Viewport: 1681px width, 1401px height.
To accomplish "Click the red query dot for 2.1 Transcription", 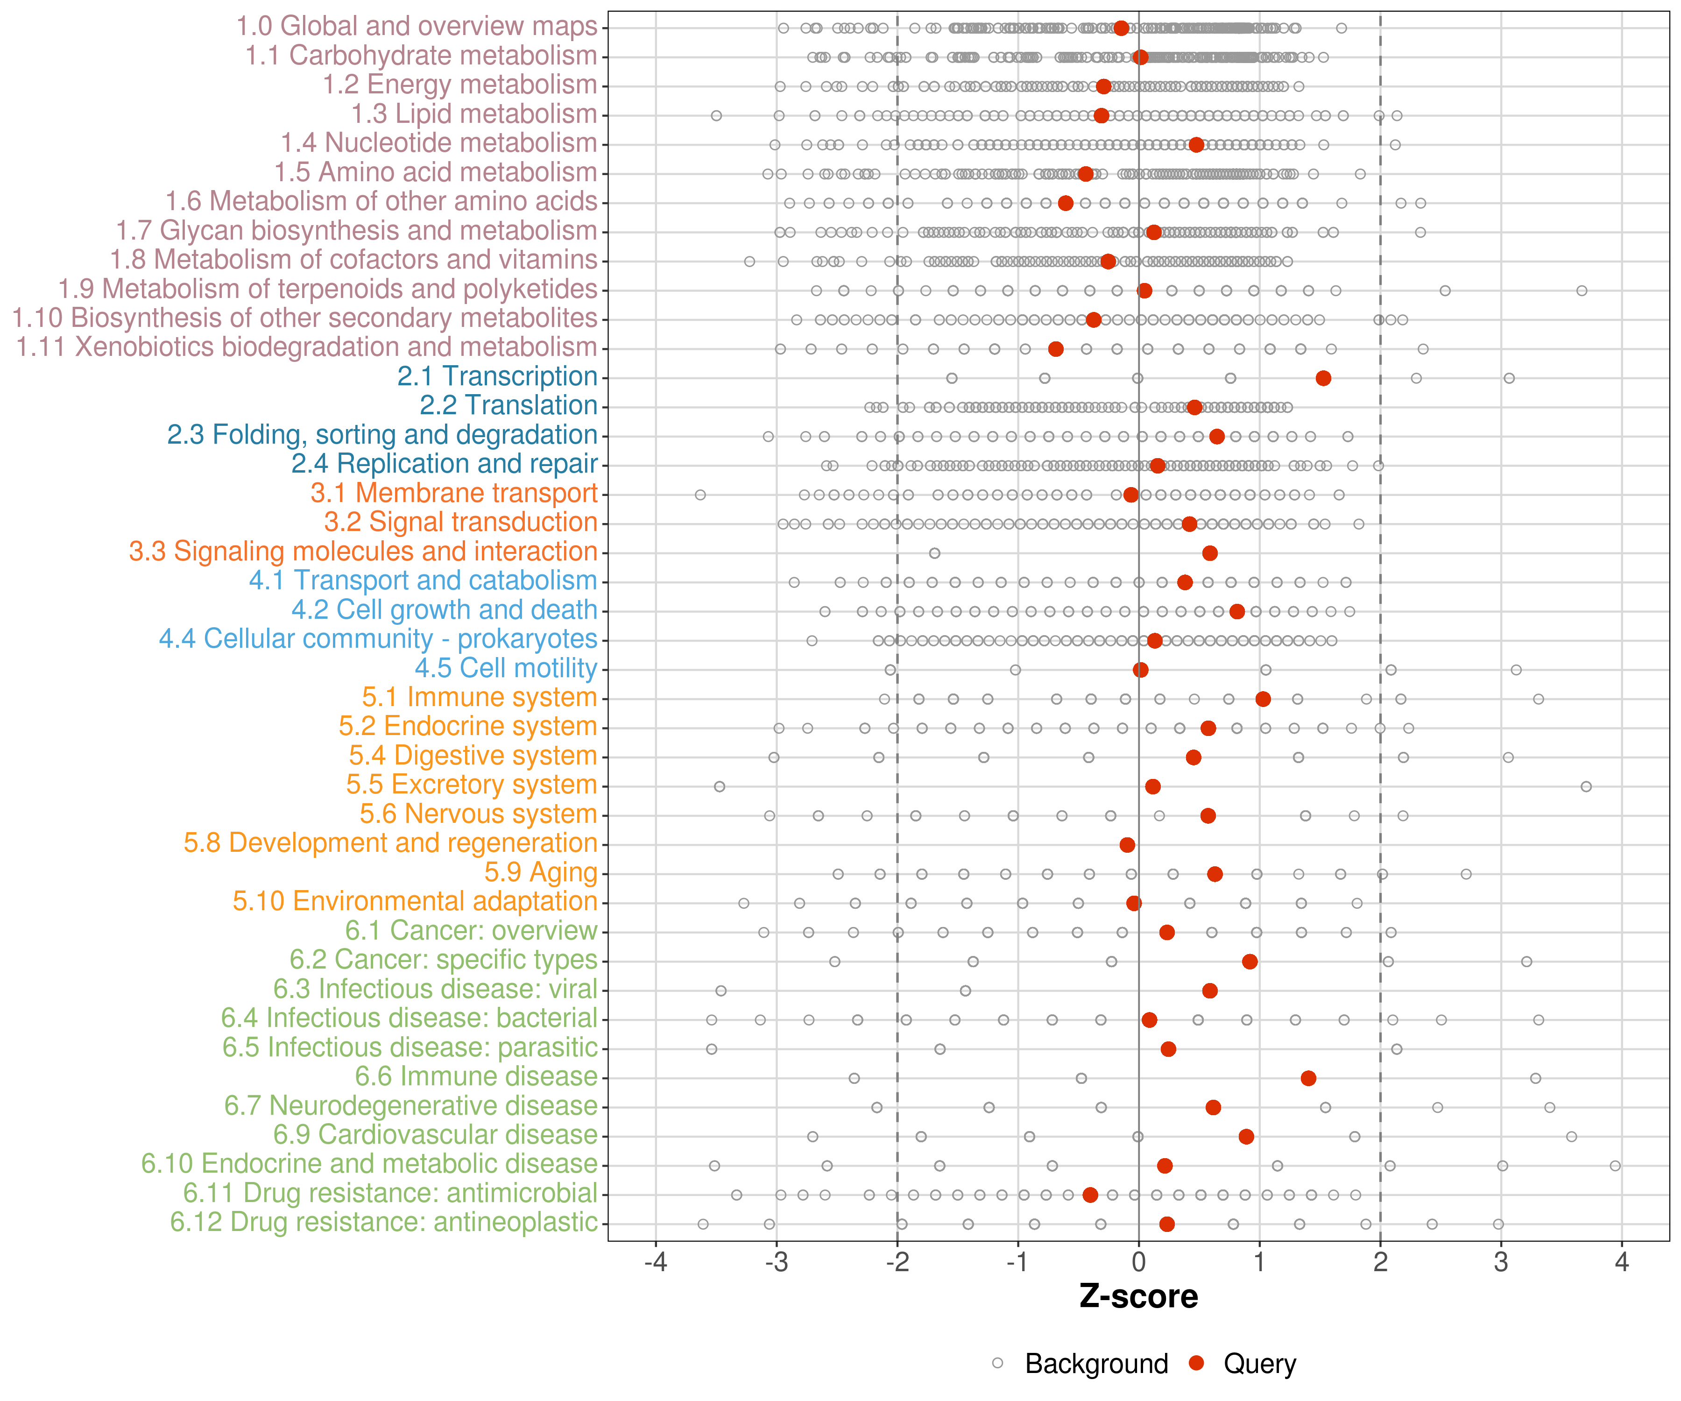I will click(1323, 378).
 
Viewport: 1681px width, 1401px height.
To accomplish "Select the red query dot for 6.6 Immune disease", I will click(1308, 1078).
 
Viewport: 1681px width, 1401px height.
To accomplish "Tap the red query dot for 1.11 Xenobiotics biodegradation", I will click(1056, 349).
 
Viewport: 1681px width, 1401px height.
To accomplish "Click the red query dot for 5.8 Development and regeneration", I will click(1127, 845).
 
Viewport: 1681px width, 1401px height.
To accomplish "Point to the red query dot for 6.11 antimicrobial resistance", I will click(1090, 1195).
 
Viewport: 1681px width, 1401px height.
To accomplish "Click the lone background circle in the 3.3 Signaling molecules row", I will click(934, 553).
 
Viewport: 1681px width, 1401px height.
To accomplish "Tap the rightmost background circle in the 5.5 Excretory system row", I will click(1586, 787).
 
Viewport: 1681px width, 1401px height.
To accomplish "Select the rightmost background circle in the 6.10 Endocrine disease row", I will click(1615, 1166).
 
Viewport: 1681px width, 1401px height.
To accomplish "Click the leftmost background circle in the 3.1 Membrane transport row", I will click(700, 495).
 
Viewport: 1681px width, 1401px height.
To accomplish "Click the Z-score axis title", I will click(1138, 1297).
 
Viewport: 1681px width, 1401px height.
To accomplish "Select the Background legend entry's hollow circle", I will click(997, 1363).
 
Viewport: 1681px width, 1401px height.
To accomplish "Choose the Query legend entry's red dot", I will click(1197, 1363).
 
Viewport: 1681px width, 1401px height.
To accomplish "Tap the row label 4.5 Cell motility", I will click(506, 668).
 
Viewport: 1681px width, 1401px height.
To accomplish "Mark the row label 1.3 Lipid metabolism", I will click(474, 113).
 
